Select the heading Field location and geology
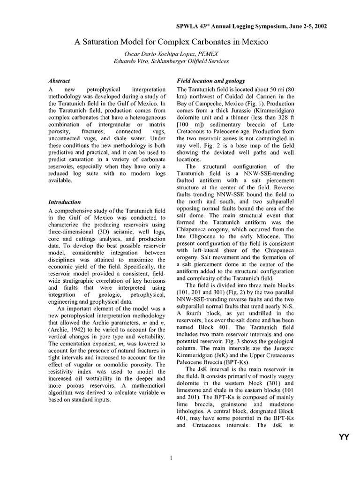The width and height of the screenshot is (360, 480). click(207, 81)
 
